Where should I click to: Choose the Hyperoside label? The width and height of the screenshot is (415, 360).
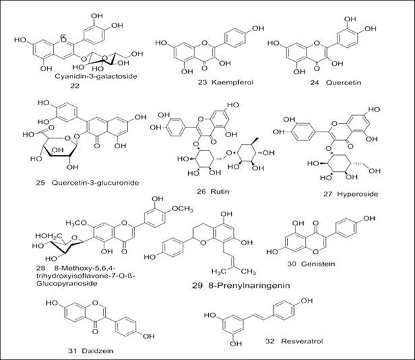coord(346,195)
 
